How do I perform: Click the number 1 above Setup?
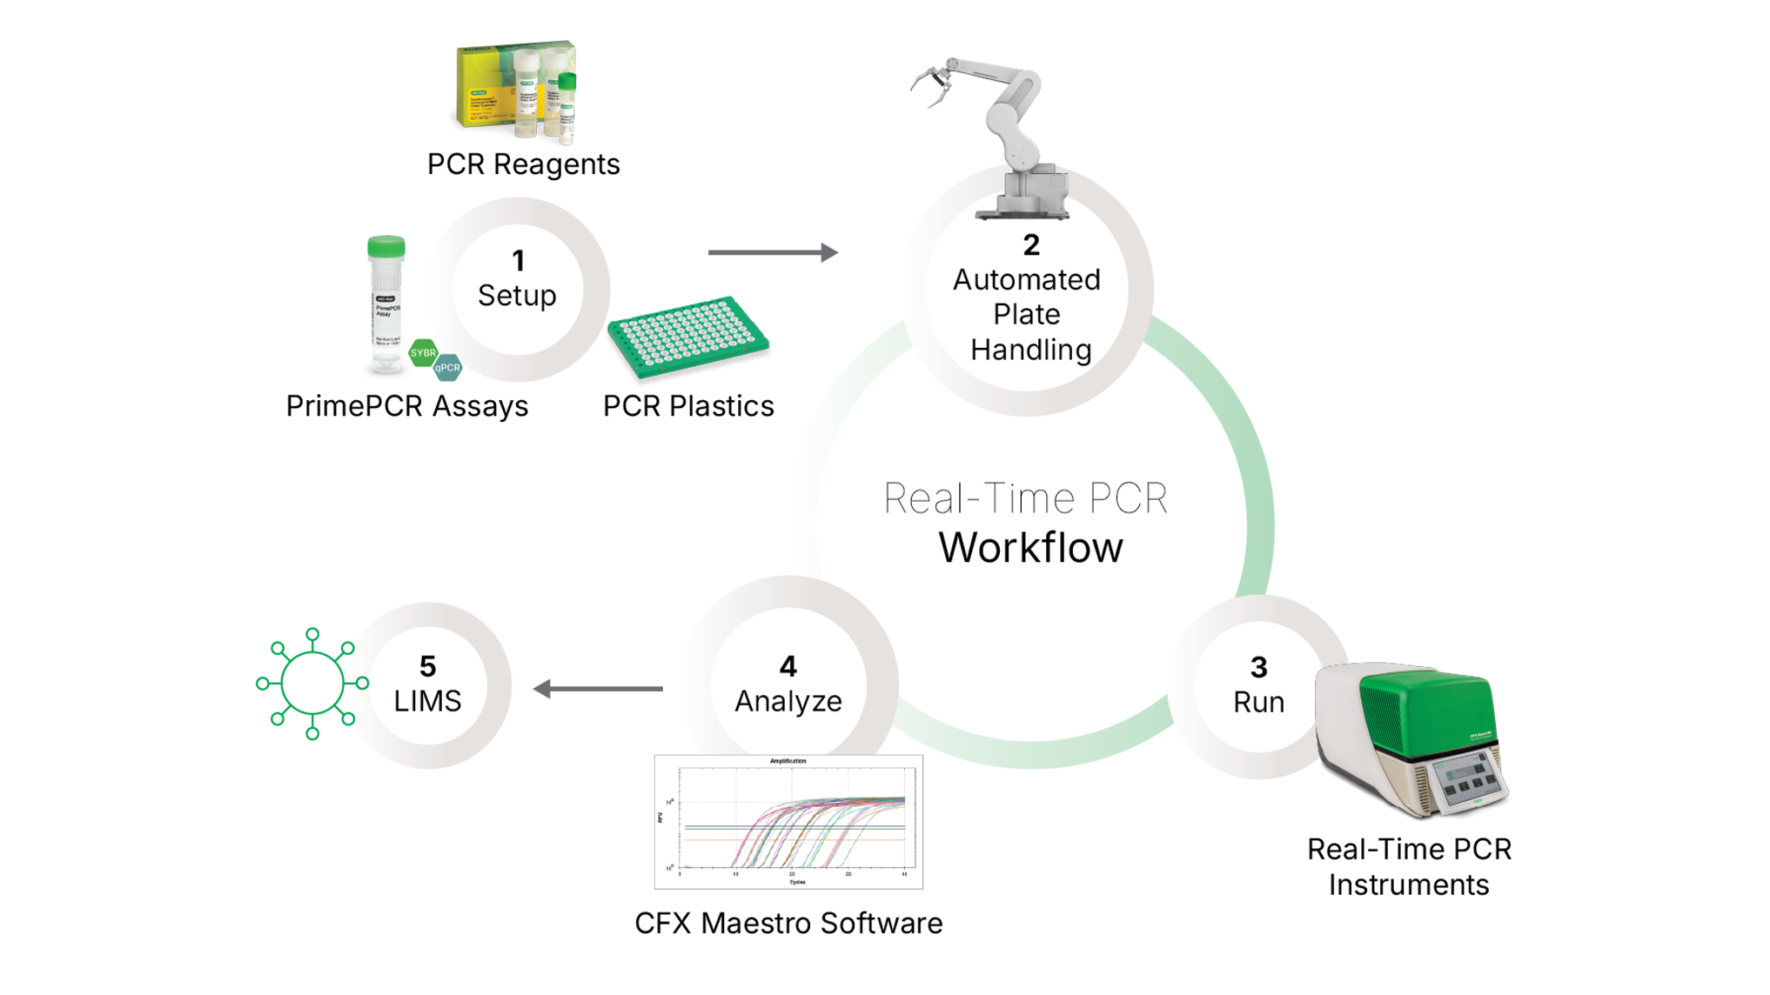[x=518, y=261]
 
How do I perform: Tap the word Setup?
[x=517, y=296]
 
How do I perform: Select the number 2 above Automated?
[x=1031, y=245]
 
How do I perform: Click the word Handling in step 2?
[x=1031, y=350]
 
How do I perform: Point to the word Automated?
[x=1027, y=280]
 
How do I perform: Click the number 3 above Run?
[x=1258, y=667]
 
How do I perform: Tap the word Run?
[x=1258, y=702]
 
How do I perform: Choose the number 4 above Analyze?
[x=788, y=666]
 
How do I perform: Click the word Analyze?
[x=788, y=701]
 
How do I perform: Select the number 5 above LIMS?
[x=427, y=666]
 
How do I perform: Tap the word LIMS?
[x=427, y=701]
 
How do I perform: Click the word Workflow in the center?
[x=1030, y=548]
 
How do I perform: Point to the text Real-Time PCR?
[x=1025, y=498]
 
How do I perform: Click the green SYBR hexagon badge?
[x=423, y=353]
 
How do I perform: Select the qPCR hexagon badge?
[x=447, y=369]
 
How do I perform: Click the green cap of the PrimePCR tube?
[x=386, y=247]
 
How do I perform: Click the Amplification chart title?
[x=788, y=761]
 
